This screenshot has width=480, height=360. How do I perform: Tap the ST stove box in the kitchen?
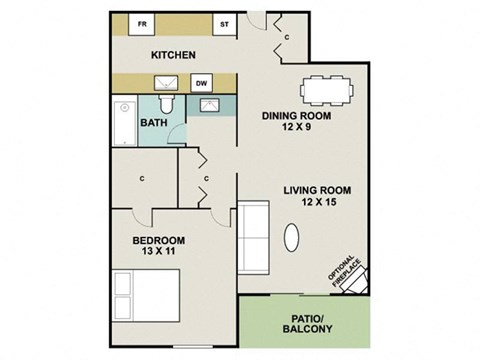223,23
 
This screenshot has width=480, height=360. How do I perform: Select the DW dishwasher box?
201,84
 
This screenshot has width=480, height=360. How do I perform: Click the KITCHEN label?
172,54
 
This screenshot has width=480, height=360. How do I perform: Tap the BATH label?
154,124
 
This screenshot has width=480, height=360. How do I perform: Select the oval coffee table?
292,238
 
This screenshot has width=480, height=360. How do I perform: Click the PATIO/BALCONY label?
306,323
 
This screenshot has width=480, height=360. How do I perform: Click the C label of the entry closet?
286,38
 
